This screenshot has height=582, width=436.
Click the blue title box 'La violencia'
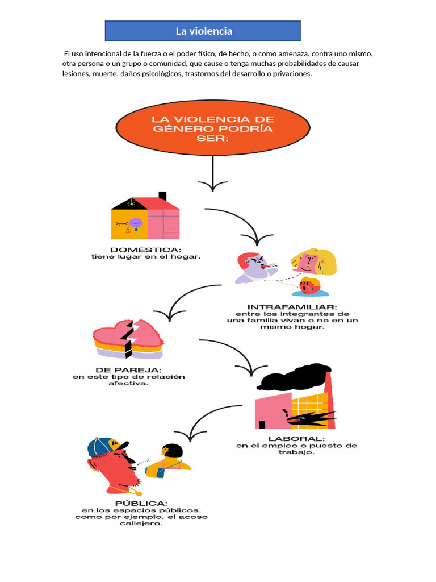[203, 31]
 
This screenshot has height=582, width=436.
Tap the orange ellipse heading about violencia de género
[213, 128]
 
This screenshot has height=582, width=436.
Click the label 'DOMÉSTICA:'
[146, 250]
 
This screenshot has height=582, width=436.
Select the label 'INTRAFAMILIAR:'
[292, 307]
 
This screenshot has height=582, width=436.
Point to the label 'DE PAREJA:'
[129, 370]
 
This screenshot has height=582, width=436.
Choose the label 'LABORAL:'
[296, 439]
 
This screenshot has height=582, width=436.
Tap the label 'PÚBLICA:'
[141, 504]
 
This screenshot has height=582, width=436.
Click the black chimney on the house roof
[162, 196]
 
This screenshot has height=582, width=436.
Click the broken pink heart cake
[128, 339]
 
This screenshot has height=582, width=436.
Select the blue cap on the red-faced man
[106, 447]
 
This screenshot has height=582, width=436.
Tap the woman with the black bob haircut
[168, 460]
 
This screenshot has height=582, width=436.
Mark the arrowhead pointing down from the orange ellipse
[213, 186]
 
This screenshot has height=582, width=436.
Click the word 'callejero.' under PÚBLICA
[141, 523]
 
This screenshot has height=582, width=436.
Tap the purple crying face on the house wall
[135, 223]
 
